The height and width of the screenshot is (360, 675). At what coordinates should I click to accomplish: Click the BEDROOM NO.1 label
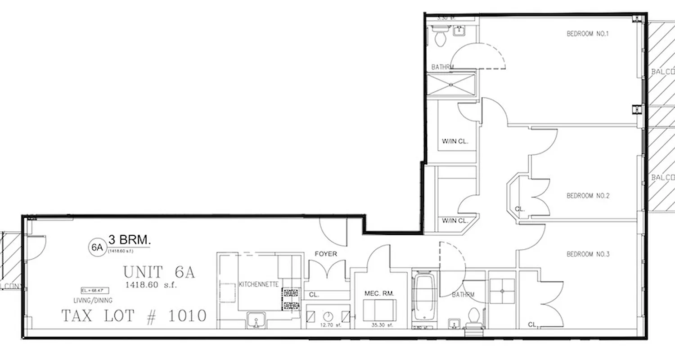(x=587, y=34)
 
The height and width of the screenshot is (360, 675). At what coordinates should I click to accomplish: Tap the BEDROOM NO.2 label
(x=588, y=196)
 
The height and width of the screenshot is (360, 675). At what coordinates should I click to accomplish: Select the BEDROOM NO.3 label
(x=588, y=255)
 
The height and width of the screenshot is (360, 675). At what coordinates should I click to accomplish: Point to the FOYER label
(x=326, y=254)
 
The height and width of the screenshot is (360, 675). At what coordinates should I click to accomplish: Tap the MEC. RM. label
(x=379, y=293)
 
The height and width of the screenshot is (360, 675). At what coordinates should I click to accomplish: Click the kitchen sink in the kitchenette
(x=256, y=322)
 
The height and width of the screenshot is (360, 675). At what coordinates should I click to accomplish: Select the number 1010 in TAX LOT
(x=187, y=316)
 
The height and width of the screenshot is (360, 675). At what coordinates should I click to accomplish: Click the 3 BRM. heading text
(x=129, y=240)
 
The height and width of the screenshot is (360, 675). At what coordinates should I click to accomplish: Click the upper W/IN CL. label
(x=455, y=141)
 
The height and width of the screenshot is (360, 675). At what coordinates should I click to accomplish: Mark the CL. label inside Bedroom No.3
(x=533, y=324)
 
